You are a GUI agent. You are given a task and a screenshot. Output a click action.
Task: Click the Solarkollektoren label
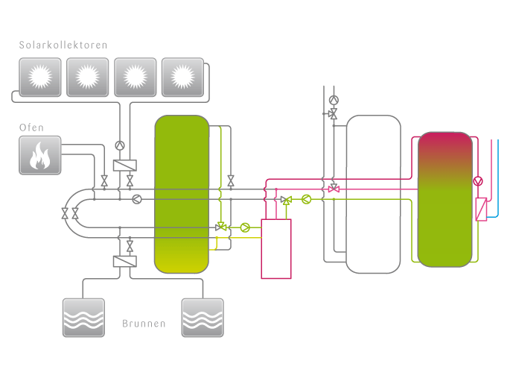(63, 45)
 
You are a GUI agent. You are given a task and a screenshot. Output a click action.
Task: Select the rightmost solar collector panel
(182, 77)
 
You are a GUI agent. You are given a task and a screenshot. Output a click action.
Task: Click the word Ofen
(31, 128)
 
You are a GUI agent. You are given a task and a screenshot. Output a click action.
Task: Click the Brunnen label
(144, 324)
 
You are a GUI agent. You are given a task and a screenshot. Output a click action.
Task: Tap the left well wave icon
(83, 318)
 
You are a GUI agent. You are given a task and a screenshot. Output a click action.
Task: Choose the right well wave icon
(203, 318)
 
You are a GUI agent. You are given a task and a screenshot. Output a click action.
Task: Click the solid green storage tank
(182, 194)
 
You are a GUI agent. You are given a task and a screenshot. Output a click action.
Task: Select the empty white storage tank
(374, 194)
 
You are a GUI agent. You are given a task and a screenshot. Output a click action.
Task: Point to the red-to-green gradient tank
(445, 199)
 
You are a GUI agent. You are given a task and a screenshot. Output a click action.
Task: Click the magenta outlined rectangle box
(276, 249)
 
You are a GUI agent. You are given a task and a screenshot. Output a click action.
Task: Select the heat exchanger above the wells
(124, 262)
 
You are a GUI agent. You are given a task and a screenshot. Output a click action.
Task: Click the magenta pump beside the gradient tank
(477, 181)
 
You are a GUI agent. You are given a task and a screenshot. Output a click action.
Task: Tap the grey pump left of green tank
(137, 199)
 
